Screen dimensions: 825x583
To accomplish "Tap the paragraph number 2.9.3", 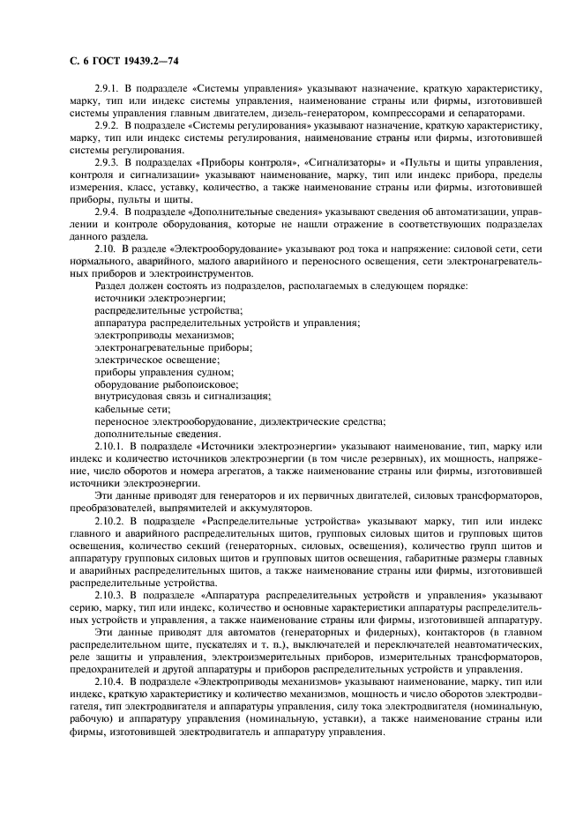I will tap(108, 164).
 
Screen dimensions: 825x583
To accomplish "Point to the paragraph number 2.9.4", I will tap(108, 213).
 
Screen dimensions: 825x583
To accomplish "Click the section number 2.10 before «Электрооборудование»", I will tap(106, 250).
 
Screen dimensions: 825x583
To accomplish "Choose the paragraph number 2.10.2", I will tap(111, 522).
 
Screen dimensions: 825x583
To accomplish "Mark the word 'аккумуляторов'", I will tap(271, 509).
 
